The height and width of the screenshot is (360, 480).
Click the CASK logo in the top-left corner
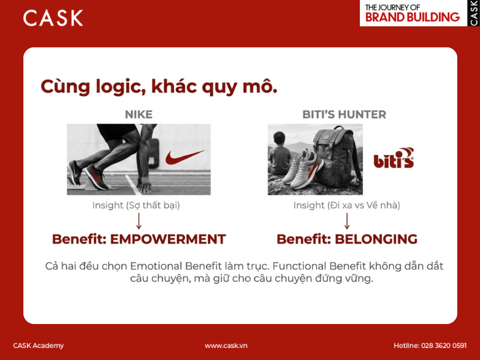53,18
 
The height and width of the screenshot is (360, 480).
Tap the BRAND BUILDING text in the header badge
412,17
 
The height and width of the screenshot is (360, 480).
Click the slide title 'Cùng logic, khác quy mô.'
159,86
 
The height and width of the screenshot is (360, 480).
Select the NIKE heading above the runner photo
139,114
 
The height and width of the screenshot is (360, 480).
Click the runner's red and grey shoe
96,177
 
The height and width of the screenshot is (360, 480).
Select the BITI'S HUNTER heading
344,114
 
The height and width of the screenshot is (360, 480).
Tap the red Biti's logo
394,160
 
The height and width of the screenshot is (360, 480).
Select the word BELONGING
376,239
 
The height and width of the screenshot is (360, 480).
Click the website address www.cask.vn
226,346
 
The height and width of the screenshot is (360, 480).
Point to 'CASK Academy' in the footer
38,346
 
